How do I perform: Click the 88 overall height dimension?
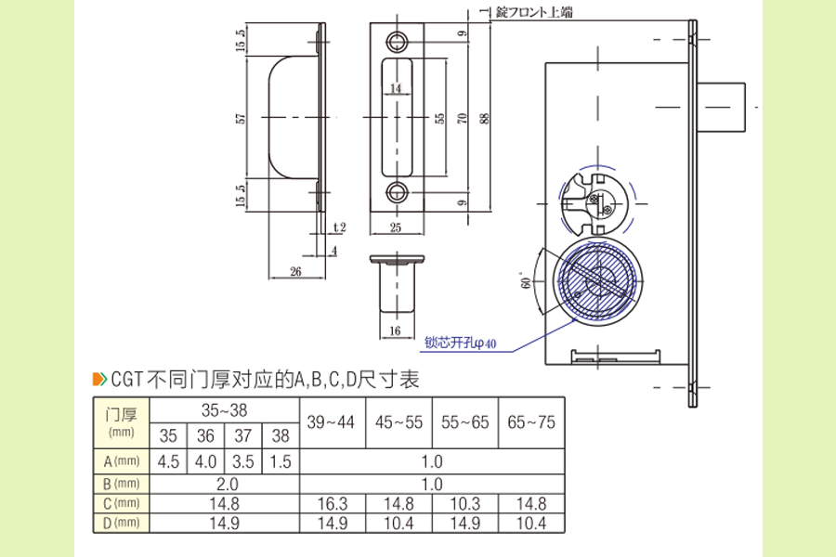[483, 118]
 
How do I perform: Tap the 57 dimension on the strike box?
[240, 118]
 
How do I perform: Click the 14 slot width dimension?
[397, 88]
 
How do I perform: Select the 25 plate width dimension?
[397, 227]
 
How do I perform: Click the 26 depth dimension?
[295, 271]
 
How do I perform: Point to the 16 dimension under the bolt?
[395, 330]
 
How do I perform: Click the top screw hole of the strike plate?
[398, 41]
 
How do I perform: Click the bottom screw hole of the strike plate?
[398, 192]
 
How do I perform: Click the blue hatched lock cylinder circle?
[594, 282]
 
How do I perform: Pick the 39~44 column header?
[332, 422]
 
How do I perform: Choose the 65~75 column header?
[531, 422]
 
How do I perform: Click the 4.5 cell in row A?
[168, 461]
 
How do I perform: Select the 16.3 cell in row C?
[332, 504]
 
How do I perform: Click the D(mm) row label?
[122, 524]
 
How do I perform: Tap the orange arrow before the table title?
[99, 379]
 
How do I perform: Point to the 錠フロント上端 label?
[534, 11]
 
